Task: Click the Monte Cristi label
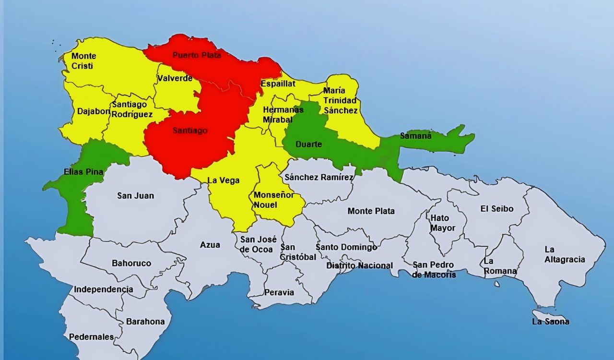83,61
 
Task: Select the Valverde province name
175,78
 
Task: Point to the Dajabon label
94,111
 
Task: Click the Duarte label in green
309,144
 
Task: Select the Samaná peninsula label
416,136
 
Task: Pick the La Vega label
223,180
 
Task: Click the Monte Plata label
371,211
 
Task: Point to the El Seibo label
497,209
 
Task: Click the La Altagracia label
565,254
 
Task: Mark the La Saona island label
550,322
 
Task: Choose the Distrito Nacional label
359,265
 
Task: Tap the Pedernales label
91,337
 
